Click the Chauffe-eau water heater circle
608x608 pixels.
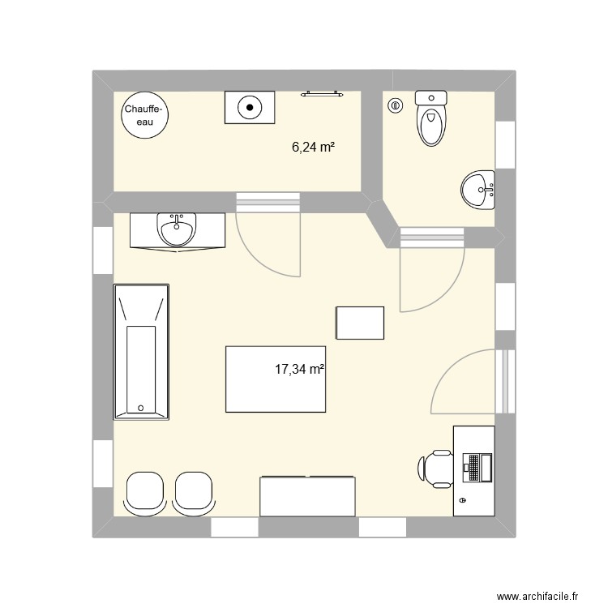144,115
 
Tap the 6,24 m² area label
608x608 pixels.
313,147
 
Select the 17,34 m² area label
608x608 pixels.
299,369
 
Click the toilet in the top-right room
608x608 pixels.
430,118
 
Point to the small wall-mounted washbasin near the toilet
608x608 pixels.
477,190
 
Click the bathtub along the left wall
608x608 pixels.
141,352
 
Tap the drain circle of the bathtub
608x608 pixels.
141,408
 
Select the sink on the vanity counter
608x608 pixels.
177,229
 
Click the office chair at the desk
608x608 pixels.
436,469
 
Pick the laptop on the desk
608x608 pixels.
477,468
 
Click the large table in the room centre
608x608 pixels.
276,379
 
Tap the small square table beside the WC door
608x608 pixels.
360,323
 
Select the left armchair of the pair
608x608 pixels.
145,494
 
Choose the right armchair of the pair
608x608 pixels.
194,494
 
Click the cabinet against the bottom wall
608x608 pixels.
307,496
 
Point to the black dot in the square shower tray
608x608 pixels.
250,107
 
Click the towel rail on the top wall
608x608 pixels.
322,93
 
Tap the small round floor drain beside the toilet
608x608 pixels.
396,105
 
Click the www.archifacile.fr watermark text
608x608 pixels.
537,585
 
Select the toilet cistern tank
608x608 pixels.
430,97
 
